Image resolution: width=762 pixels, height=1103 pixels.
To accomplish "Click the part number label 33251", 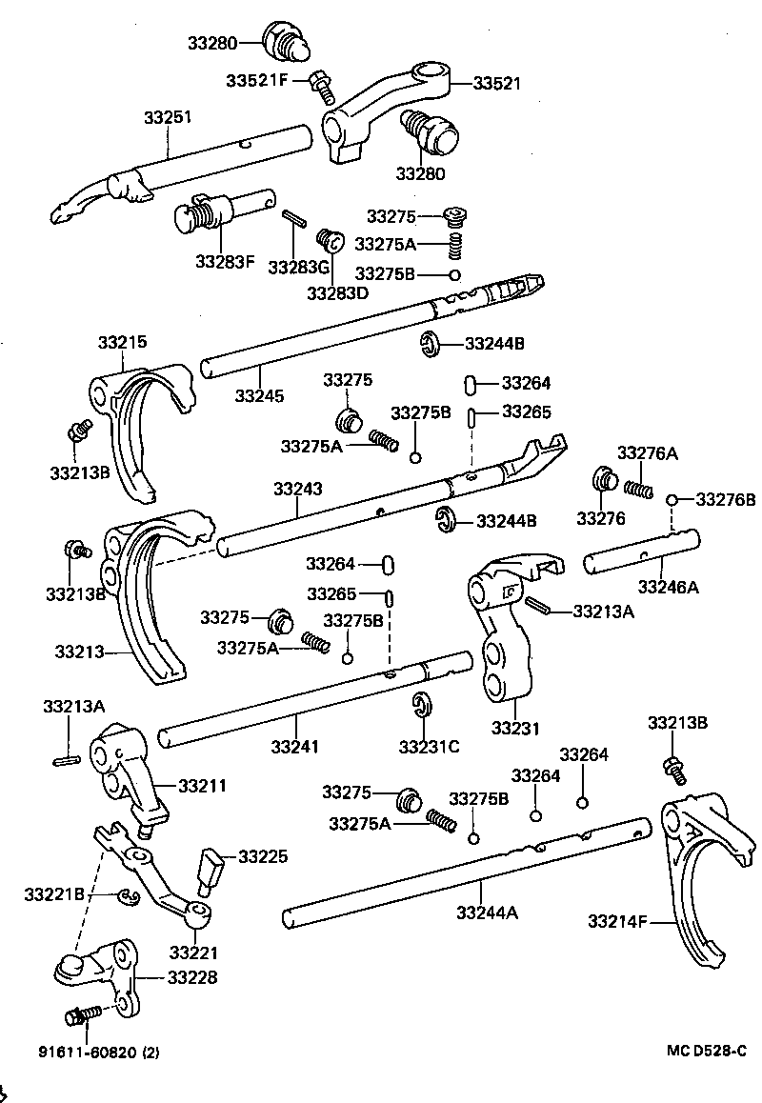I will tap(168, 117).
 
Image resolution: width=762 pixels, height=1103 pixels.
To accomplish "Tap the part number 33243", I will tap(298, 489).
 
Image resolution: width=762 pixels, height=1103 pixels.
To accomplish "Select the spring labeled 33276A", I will tap(638, 488).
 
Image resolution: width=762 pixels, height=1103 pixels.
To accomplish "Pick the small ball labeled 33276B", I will tap(672, 499).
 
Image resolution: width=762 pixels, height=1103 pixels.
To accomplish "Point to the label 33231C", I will tap(429, 746).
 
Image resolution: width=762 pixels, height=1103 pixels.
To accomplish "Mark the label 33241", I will tap(296, 745).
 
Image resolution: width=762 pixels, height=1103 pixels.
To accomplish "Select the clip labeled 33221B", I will tap(127, 894).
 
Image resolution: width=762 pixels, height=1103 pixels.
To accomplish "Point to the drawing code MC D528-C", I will tap(706, 1051).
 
